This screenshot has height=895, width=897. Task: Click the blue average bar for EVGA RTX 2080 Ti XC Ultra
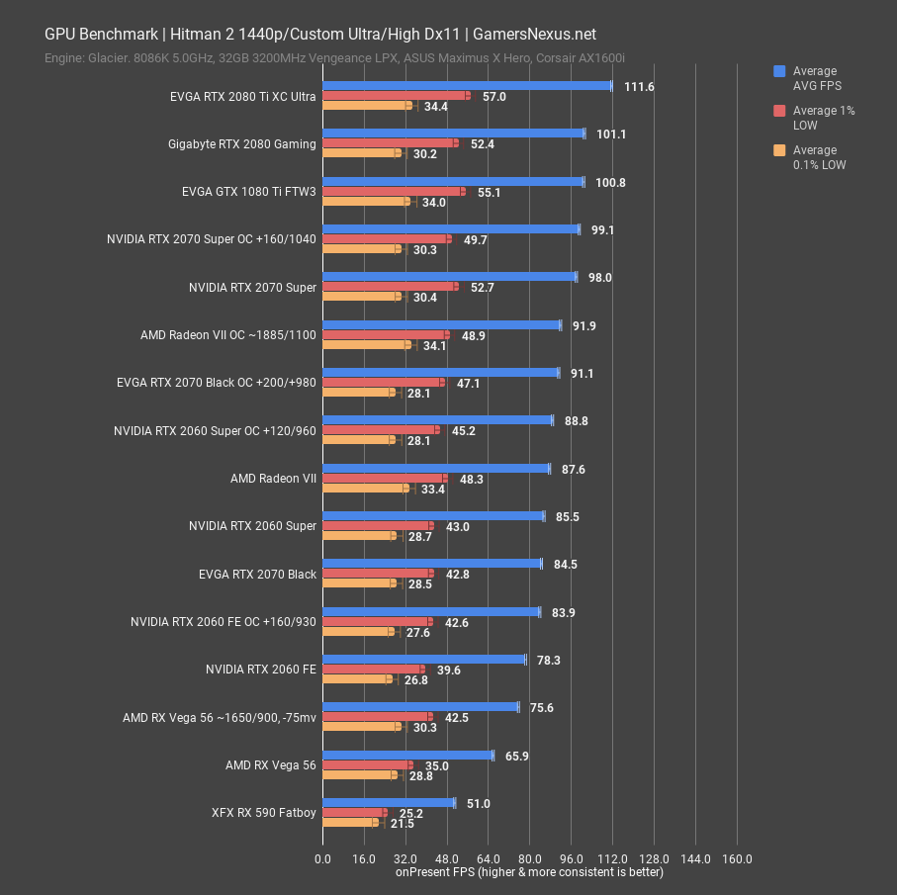point(468,86)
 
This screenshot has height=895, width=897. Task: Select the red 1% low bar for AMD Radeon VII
point(385,478)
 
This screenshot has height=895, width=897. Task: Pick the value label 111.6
point(639,87)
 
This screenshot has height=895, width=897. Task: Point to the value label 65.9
point(516,756)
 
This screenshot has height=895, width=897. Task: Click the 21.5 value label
point(403,824)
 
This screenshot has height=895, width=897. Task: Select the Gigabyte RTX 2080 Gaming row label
point(242,144)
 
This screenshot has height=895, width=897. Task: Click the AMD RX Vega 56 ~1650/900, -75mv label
point(220,718)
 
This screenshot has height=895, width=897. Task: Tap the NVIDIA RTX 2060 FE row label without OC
point(261,670)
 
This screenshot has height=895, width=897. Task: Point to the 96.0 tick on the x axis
point(571,859)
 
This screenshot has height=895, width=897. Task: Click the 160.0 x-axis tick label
point(737,859)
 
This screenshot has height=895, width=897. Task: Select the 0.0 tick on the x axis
point(322,859)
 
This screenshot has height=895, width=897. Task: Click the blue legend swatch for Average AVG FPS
point(779,71)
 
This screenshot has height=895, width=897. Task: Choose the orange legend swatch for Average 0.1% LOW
point(779,150)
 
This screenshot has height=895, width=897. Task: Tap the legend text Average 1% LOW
point(824,118)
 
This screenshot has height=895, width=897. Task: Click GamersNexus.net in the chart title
point(534,35)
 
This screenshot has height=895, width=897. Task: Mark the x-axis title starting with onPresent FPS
point(529,872)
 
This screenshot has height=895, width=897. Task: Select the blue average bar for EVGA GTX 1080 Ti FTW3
point(454,182)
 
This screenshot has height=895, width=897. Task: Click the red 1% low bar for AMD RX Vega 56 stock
point(367,765)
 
